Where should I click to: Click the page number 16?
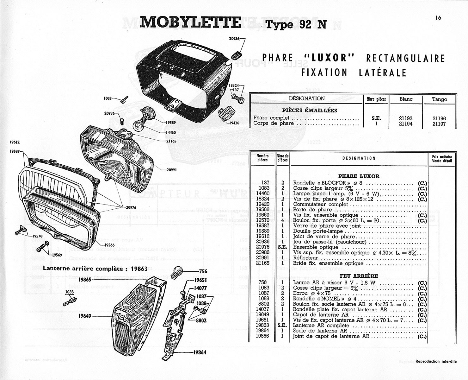438,18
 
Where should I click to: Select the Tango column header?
439,99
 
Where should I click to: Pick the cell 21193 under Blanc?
405,118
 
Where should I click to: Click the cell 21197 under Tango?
439,124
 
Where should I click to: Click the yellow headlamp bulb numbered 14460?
139,123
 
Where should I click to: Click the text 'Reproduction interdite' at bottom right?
436,361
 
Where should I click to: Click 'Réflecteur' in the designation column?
306,258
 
